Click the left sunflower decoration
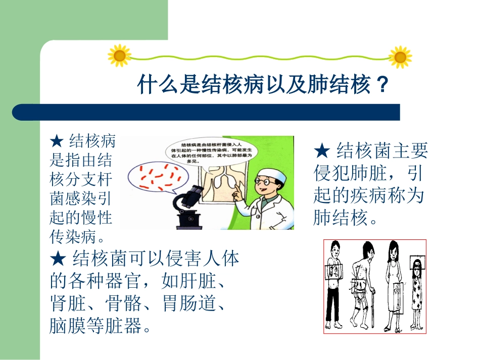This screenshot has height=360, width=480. click(x=120, y=56)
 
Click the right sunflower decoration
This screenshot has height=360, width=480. click(x=400, y=57)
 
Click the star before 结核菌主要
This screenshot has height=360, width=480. click(x=321, y=151)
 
